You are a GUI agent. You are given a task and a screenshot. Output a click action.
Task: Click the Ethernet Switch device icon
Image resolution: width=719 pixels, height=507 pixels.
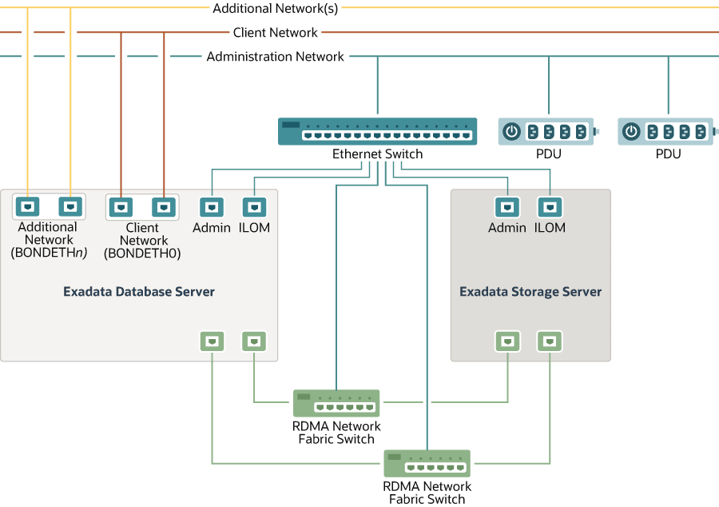coord(377,131)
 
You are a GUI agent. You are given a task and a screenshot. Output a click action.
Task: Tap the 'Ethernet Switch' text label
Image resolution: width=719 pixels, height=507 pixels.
coord(377,154)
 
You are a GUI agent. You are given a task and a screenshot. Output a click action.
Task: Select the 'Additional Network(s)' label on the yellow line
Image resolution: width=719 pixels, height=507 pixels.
coord(275,9)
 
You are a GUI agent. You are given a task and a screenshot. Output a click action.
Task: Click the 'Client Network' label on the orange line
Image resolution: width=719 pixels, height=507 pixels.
coord(275,33)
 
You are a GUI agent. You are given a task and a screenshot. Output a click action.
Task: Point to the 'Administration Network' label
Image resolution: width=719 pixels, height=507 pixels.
coord(275,57)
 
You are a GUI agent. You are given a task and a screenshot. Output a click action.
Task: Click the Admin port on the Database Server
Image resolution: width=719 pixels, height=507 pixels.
coord(211,208)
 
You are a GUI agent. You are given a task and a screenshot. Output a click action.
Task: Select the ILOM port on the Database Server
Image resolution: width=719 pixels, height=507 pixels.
coord(254,208)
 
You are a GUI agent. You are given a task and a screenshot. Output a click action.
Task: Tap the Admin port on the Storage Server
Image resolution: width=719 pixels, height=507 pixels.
coord(506,208)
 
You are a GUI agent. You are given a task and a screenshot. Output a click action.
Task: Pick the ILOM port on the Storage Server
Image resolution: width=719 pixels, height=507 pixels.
coord(550,208)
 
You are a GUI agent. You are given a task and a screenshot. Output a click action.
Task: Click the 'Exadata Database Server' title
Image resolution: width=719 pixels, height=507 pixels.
coord(139,292)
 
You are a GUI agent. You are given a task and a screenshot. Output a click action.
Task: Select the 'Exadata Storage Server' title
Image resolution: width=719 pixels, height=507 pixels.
coord(530,292)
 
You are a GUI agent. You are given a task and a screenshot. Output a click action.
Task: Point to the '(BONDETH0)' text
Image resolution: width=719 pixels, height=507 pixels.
coord(143,253)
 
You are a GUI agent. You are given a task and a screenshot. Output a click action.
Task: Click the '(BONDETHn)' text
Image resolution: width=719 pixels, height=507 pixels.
coord(49,253)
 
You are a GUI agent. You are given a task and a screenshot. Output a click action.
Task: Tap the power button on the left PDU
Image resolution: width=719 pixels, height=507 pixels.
coord(512,131)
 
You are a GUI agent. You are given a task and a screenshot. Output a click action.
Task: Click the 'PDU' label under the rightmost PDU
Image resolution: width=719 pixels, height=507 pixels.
coord(668,154)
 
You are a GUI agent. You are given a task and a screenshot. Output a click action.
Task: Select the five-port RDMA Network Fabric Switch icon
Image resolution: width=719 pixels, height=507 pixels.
coord(336,403)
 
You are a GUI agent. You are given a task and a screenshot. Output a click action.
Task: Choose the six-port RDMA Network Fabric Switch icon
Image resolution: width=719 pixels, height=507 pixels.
coord(427,463)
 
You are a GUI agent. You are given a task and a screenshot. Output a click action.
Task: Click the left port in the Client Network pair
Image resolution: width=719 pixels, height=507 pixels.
coord(121,208)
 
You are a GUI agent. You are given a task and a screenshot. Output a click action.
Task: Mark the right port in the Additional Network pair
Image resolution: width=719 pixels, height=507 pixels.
coord(70,207)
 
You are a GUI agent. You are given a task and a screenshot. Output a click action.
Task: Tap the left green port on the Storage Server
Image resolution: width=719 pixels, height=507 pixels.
coord(506,341)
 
